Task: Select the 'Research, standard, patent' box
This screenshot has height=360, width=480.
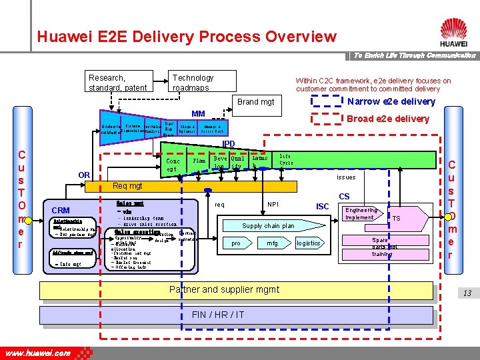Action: pyautogui.click(x=118, y=83)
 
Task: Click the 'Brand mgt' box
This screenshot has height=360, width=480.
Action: pyautogui.click(x=256, y=102)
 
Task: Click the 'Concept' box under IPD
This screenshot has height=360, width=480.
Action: pyautogui.click(x=173, y=165)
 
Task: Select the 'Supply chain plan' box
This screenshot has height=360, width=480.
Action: pyautogui.click(x=269, y=226)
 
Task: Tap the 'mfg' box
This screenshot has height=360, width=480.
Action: pyautogui.click(x=272, y=244)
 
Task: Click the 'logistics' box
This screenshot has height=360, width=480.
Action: pyautogui.click(x=309, y=244)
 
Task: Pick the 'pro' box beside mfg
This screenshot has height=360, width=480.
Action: pyautogui.click(x=236, y=244)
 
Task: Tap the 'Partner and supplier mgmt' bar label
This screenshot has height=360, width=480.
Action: pyautogui.click(x=224, y=289)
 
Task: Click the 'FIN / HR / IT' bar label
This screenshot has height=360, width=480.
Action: pyautogui.click(x=217, y=315)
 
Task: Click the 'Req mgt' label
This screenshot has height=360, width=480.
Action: pyautogui.click(x=127, y=186)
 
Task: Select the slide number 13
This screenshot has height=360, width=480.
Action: pyautogui.click(x=467, y=293)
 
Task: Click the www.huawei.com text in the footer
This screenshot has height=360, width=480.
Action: pyautogui.click(x=38, y=353)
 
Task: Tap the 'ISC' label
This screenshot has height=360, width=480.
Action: pyautogui.click(x=323, y=207)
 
